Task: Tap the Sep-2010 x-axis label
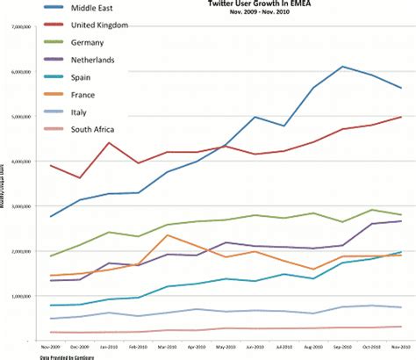click(x=342, y=348)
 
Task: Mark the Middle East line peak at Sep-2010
click(x=342, y=67)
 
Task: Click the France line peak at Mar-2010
click(x=167, y=234)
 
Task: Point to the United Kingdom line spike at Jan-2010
click(x=109, y=143)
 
